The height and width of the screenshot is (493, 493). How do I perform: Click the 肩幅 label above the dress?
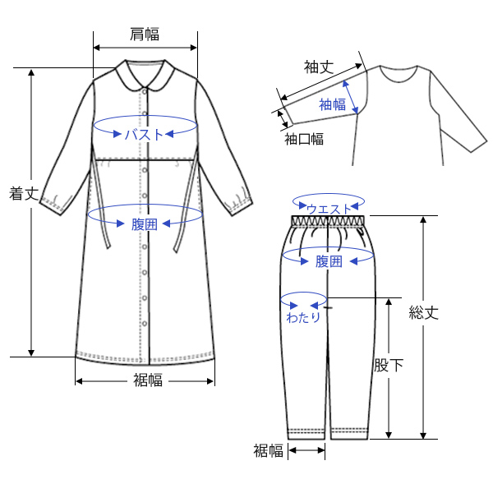(145, 34)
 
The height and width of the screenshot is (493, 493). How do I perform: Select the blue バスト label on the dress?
(145, 134)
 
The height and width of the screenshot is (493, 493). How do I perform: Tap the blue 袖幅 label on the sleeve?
(332, 104)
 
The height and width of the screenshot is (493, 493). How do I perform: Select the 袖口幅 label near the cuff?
(303, 139)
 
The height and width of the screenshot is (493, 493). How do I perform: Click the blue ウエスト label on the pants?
(329, 210)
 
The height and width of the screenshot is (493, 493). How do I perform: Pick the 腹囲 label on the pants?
(329, 262)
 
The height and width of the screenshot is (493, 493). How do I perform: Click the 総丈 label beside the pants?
(424, 313)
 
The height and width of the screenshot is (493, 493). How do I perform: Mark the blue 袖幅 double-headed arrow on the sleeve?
(354, 98)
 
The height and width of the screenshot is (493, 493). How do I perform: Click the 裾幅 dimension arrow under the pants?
(306, 450)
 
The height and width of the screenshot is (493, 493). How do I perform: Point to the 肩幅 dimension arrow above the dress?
(145, 48)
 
